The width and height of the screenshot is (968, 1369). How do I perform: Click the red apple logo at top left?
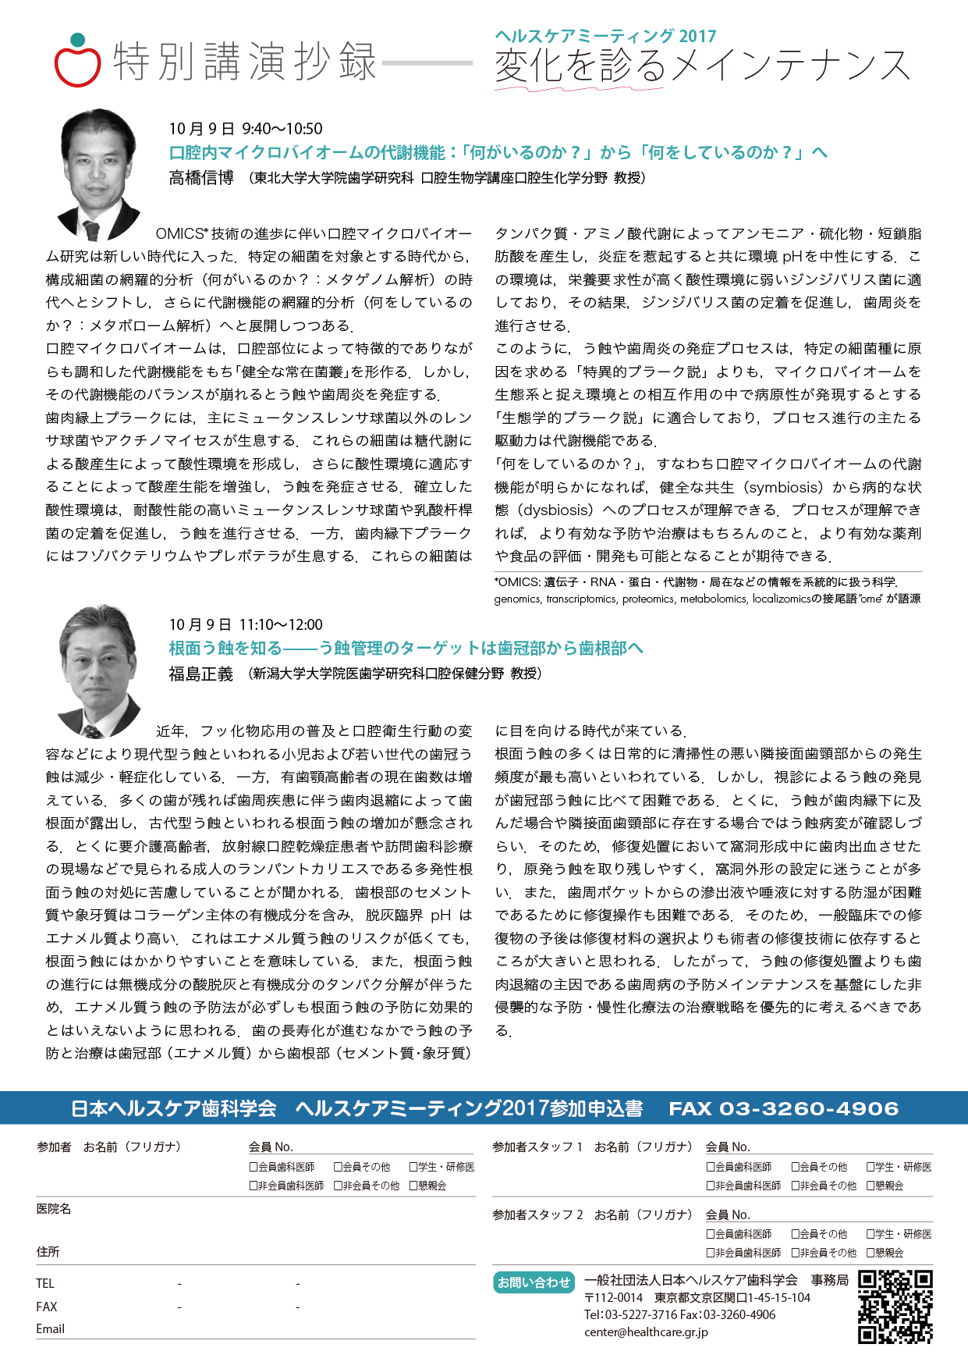tap(77, 62)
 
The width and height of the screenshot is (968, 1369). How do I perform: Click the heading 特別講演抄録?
tap(245, 62)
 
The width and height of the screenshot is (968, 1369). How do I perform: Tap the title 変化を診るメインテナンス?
tap(702, 66)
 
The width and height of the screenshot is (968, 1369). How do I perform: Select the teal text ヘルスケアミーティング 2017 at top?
tap(605, 36)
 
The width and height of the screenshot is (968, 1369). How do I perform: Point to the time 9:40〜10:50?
tap(282, 129)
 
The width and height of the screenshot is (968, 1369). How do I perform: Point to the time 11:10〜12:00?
tap(281, 624)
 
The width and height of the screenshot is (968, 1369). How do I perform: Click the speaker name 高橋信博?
tap(201, 178)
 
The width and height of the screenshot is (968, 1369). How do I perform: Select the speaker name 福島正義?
tap(201, 674)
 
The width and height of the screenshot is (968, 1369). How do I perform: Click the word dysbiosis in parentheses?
tap(559, 510)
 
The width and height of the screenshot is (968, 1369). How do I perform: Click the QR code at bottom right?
tap(895, 1307)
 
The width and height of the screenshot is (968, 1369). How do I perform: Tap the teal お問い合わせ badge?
tap(534, 1282)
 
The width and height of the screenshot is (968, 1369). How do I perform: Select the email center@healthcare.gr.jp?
tap(646, 1332)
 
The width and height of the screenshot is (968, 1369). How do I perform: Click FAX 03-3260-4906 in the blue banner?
tap(783, 1108)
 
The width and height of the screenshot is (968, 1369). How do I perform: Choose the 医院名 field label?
tap(53, 1208)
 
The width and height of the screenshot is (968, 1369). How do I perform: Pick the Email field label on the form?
tap(50, 1328)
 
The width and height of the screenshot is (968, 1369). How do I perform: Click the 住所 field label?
tap(48, 1251)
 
